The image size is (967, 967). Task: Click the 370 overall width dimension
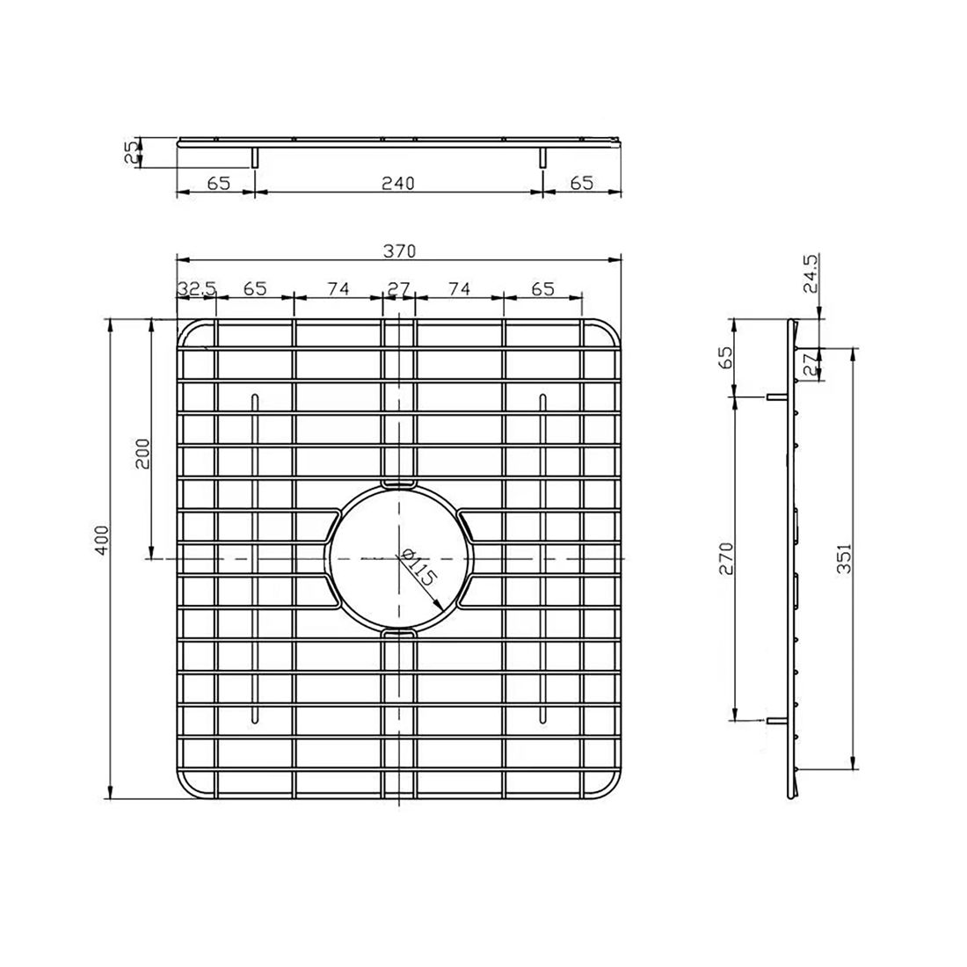tap(398, 250)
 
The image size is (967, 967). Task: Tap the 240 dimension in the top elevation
tap(398, 183)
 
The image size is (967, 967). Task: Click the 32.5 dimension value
tap(196, 287)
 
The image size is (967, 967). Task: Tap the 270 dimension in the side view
tap(725, 557)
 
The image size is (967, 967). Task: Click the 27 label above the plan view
tap(399, 287)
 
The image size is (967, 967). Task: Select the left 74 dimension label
tap(338, 287)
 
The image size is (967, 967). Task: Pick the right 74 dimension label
tap(459, 287)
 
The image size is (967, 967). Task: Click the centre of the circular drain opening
tap(399, 558)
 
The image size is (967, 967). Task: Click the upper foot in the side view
tap(775, 396)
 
